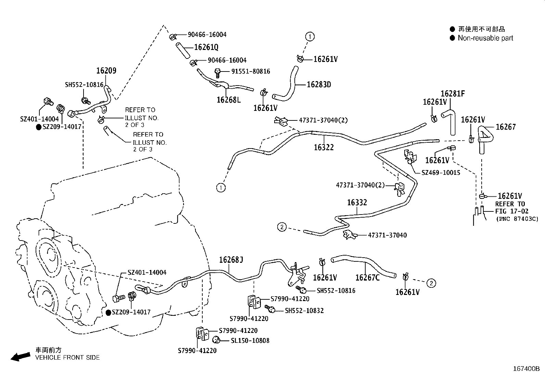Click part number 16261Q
[206, 47]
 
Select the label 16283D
[319, 85]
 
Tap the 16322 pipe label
[324, 147]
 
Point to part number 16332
[357, 203]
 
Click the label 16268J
[231, 260]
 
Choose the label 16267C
[367, 277]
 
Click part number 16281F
[453, 94]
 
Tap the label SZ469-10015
[441, 173]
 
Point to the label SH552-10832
[304, 311]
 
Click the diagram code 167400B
[526, 369]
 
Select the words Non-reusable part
[485, 38]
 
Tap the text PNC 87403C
[517, 219]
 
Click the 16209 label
[106, 71]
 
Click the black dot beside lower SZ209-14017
[108, 312]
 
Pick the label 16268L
[229, 100]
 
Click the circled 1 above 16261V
[309, 36]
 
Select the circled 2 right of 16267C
[431, 283]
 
